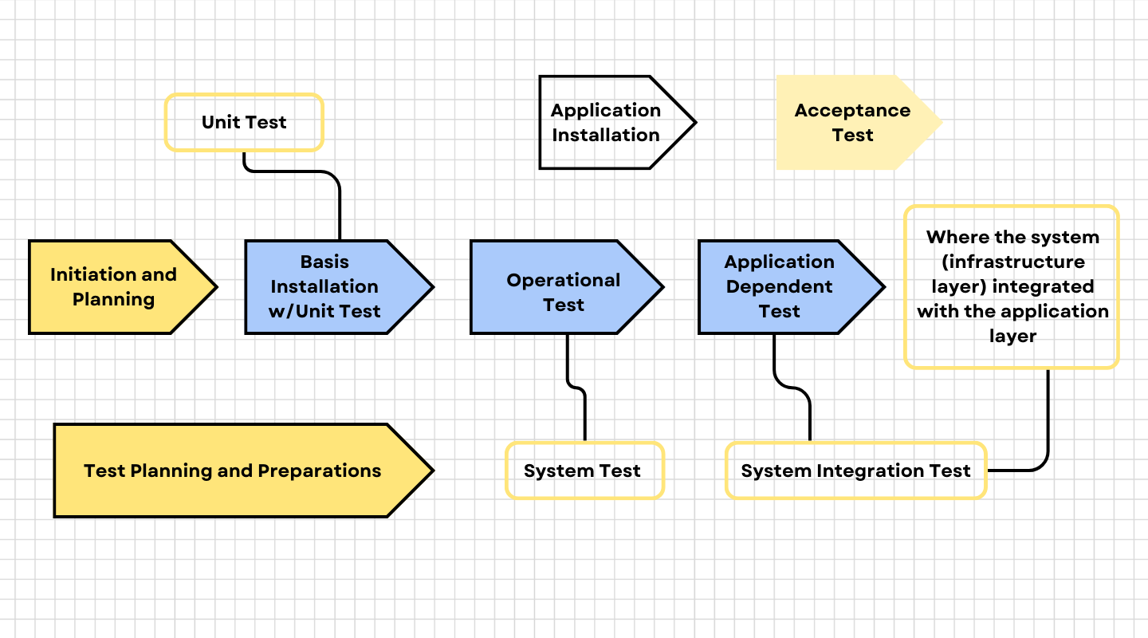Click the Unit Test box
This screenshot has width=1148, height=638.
click(243, 122)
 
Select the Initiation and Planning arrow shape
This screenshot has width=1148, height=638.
click(113, 287)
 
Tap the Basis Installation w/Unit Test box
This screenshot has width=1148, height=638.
click(324, 287)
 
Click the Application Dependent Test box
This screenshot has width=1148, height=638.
click(779, 287)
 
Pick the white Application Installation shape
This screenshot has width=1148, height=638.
click(605, 122)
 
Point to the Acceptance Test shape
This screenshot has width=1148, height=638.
click(851, 122)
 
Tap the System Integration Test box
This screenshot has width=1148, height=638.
click(855, 471)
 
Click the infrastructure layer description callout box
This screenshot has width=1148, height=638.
click(1011, 287)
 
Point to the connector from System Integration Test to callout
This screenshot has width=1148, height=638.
click(1047, 423)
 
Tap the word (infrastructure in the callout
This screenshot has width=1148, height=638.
click(1012, 262)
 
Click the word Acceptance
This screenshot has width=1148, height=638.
click(851, 110)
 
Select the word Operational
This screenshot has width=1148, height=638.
click(563, 280)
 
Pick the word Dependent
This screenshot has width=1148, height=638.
click(779, 286)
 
